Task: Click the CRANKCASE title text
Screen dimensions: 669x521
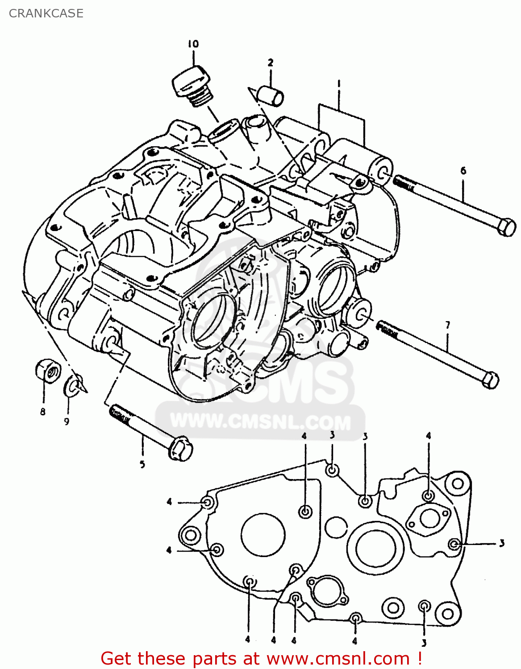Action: click(x=46, y=13)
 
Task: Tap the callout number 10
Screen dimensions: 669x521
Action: click(x=193, y=44)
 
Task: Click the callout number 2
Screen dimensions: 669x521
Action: click(x=270, y=62)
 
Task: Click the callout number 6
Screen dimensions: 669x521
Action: click(x=463, y=170)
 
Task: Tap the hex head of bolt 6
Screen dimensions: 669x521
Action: click(x=506, y=227)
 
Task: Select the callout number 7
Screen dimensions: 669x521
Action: click(x=448, y=325)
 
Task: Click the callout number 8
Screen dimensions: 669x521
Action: click(x=43, y=412)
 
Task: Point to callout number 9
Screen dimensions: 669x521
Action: click(x=67, y=421)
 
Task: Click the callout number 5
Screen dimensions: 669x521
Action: click(x=142, y=464)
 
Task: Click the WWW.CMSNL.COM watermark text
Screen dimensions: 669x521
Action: click(x=261, y=421)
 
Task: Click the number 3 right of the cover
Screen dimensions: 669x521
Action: click(x=502, y=543)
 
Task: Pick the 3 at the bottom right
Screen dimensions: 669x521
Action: click(x=424, y=643)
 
